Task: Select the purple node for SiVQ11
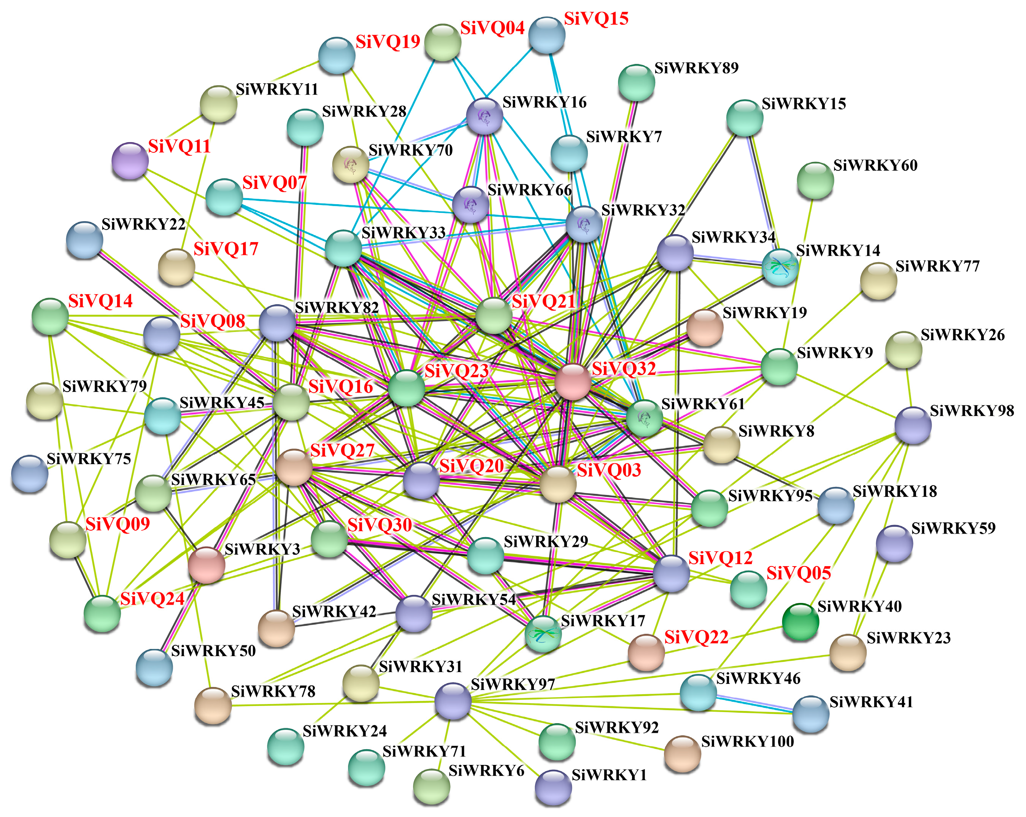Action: pos(129,160)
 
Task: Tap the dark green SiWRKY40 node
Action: pos(800,622)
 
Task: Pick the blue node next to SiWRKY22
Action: pos(84,240)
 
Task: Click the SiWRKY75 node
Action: pos(30,473)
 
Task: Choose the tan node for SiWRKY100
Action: pos(682,753)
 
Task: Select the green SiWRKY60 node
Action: pos(815,180)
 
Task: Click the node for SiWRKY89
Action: pos(636,83)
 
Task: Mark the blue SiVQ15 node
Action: pos(547,35)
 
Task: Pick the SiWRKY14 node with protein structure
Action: pos(780,267)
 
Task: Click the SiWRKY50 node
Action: pos(154,667)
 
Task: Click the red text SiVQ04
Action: pos(492,28)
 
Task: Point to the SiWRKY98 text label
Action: pos(972,411)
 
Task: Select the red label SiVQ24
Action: pos(152,599)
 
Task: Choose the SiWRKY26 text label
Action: pos(962,335)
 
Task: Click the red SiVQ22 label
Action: pos(696,637)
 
